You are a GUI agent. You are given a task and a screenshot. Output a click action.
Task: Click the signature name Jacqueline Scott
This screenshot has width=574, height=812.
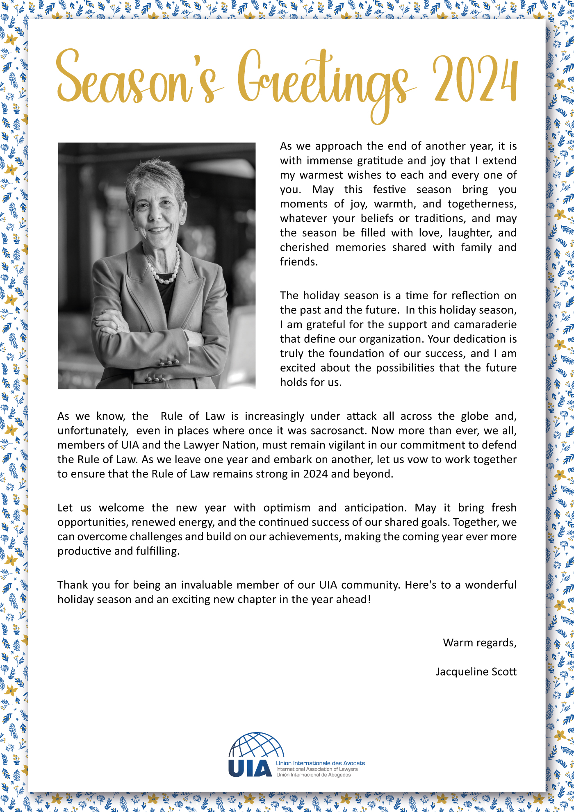click(476, 672)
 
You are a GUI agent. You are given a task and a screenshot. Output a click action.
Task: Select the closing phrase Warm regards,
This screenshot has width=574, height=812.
click(479, 643)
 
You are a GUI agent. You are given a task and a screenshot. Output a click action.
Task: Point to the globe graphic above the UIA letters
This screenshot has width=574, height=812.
click(256, 745)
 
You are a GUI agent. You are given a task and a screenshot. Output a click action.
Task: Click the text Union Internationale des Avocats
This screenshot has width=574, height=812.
click(320, 763)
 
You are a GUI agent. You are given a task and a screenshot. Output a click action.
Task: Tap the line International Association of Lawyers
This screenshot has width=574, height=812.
click(317, 769)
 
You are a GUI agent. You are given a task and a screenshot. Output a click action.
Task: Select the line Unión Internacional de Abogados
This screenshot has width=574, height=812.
click(314, 775)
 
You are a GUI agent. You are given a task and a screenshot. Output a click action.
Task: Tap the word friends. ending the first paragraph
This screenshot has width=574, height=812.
click(298, 262)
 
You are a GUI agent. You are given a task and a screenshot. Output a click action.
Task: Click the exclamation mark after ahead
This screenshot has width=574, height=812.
click(369, 599)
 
